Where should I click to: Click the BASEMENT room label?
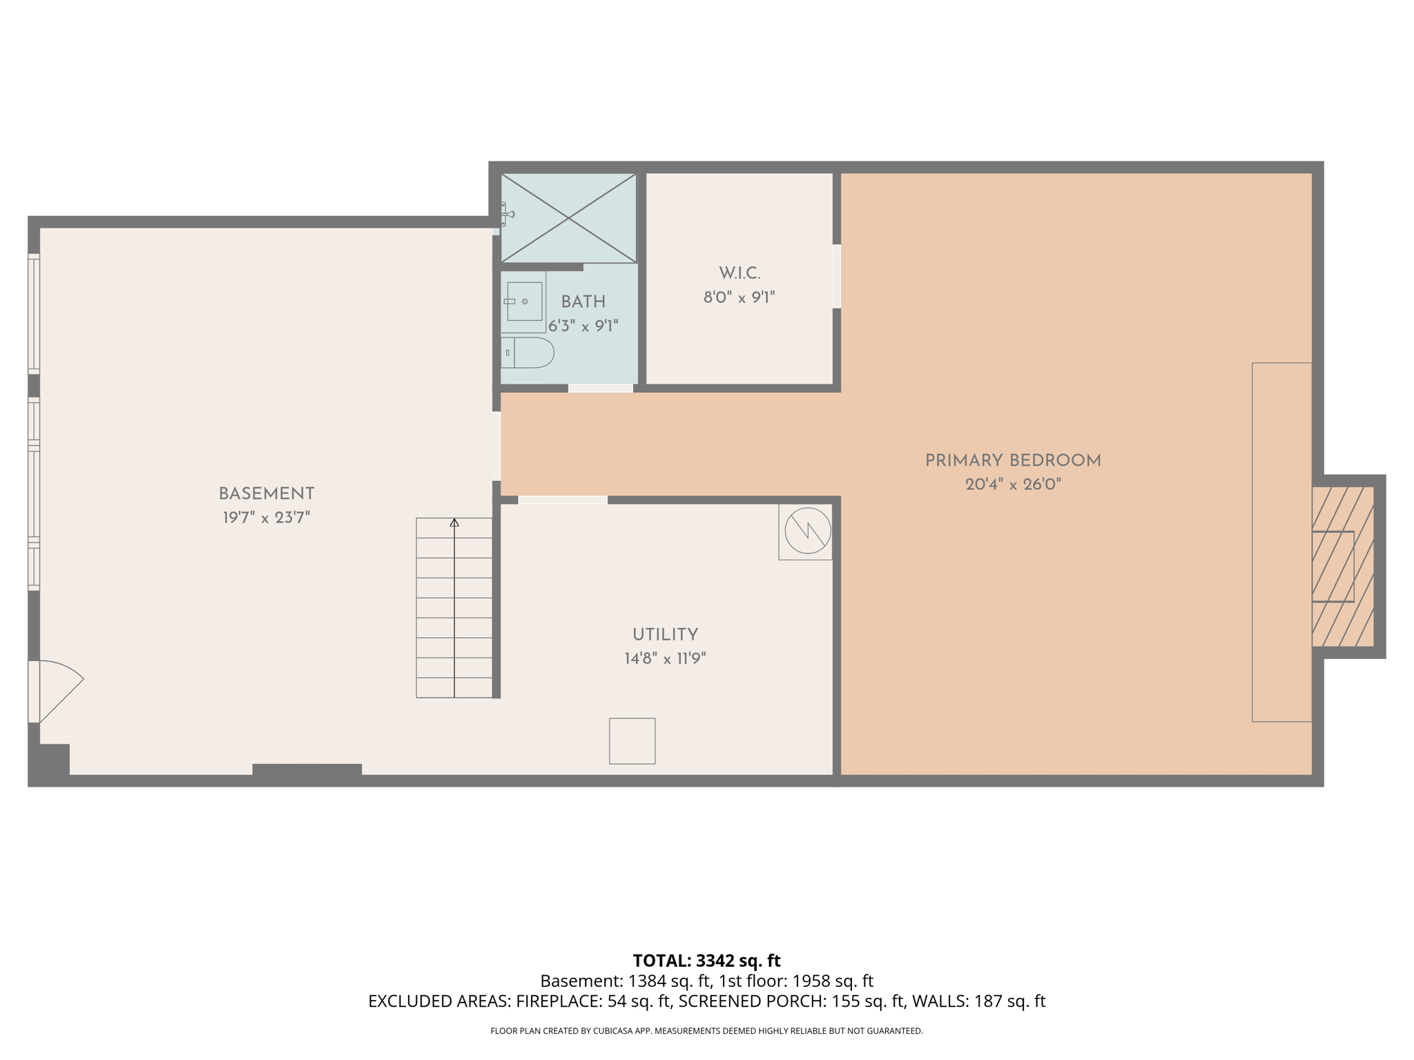click(267, 494)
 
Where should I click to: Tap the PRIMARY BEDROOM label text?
click(1012, 461)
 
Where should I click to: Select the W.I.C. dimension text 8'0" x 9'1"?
click(739, 297)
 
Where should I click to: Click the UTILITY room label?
click(665, 635)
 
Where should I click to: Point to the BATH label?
click(583, 302)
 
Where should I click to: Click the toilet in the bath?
click(529, 353)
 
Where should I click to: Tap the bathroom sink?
click(524, 302)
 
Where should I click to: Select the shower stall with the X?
click(568, 218)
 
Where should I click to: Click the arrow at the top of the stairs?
click(454, 523)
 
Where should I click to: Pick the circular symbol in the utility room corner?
click(807, 531)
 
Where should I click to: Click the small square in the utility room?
click(632, 741)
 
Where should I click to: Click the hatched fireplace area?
click(1342, 567)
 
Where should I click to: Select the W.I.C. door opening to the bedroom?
click(836, 276)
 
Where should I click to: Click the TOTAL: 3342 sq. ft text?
click(706, 961)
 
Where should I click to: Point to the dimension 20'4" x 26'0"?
click(1012, 484)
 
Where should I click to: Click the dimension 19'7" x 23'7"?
click(267, 518)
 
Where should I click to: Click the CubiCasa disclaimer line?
click(706, 1031)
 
